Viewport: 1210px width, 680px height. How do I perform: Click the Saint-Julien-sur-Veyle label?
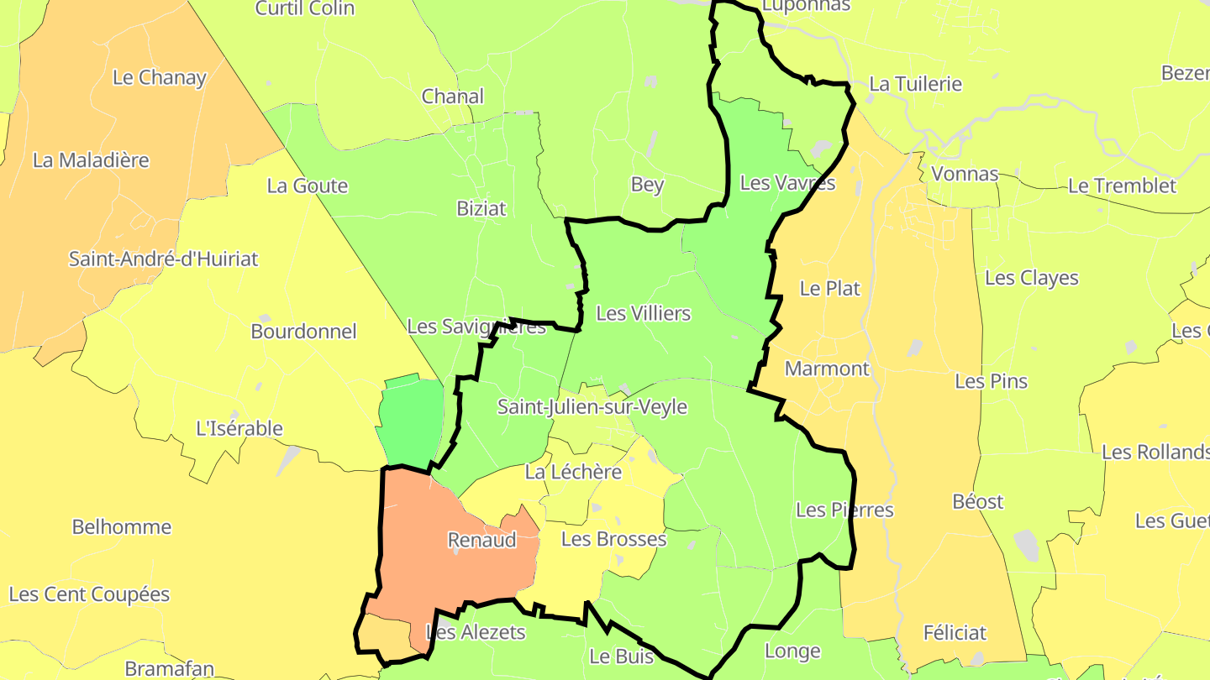point(592,407)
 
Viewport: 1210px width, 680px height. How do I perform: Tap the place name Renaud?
point(481,540)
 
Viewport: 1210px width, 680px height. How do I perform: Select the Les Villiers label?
point(643,313)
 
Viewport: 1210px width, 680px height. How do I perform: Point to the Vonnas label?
point(965,175)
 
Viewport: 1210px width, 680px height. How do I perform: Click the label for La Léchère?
point(573,472)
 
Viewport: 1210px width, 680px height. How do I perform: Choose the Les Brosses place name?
point(613,539)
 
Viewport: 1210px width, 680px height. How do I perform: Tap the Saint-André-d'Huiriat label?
point(163,259)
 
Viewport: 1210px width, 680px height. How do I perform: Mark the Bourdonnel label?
point(303,332)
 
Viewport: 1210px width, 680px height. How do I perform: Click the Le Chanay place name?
point(159,78)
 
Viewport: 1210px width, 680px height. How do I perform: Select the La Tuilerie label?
point(915,84)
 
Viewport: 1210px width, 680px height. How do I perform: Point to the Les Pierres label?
point(844,510)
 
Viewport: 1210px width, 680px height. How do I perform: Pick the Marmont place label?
point(826,369)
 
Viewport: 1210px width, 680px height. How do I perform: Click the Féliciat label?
point(955,633)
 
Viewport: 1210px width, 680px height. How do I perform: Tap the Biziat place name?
point(481,208)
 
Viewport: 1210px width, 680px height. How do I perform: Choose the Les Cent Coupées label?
point(89,594)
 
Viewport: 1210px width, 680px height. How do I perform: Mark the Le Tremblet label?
point(1122,186)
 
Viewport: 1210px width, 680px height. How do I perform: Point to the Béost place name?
point(978,502)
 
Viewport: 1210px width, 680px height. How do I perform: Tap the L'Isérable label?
point(239,428)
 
